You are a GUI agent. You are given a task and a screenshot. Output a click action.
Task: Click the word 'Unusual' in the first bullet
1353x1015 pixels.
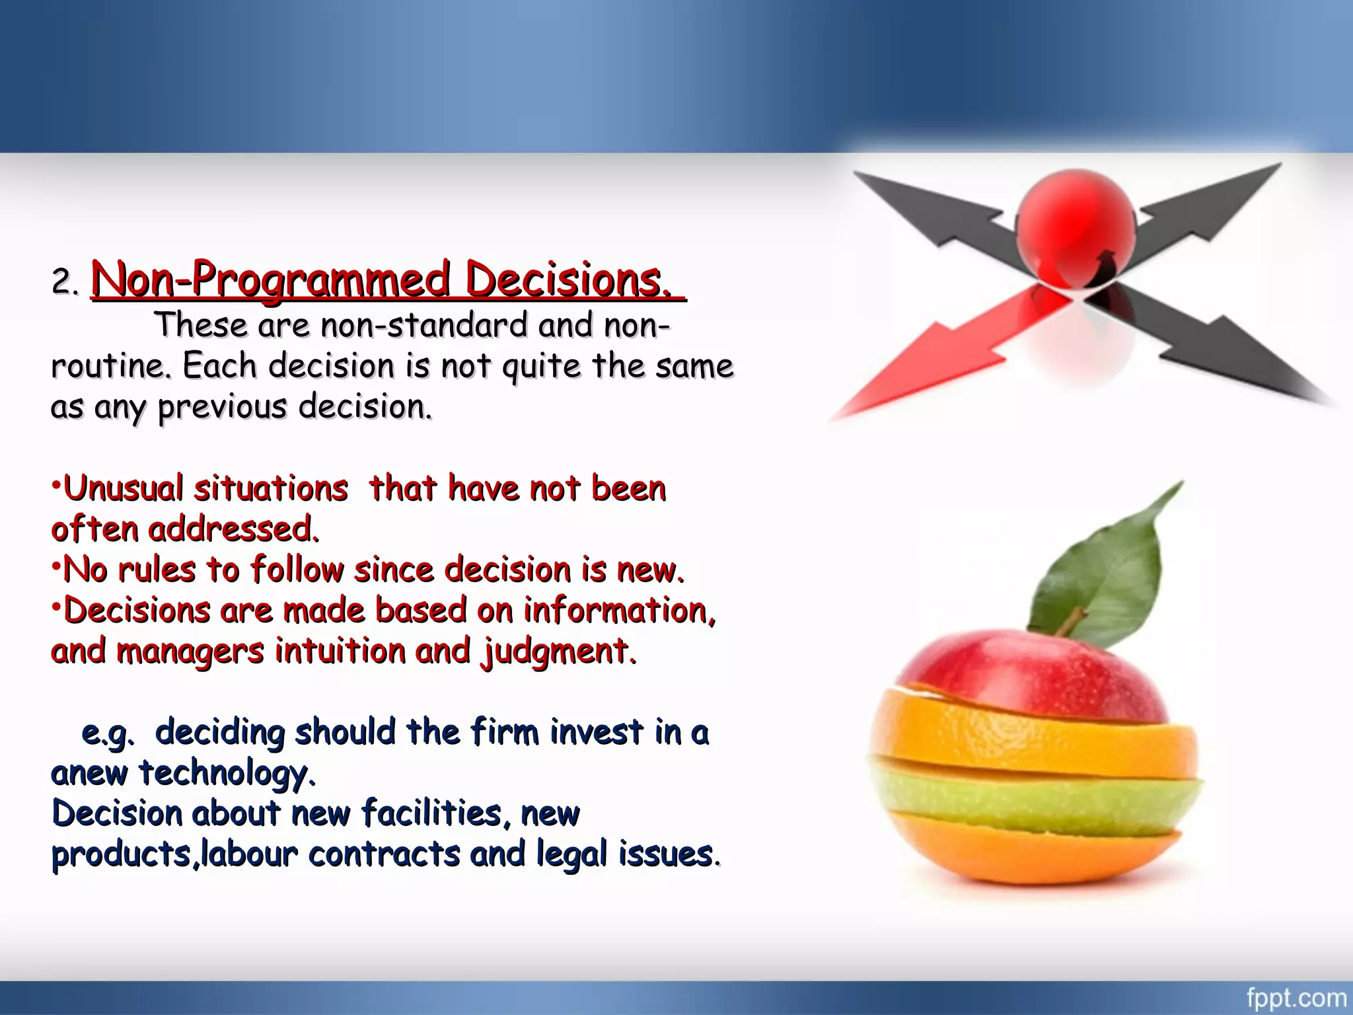(x=123, y=489)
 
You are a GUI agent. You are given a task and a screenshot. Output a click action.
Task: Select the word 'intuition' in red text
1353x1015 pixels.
(x=340, y=651)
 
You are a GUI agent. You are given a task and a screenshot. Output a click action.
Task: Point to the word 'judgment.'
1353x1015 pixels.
(x=559, y=652)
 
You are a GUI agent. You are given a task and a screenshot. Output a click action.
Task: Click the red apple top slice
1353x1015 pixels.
(x=1031, y=674)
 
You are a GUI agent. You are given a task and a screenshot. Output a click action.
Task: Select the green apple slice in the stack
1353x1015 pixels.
(x=1031, y=793)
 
